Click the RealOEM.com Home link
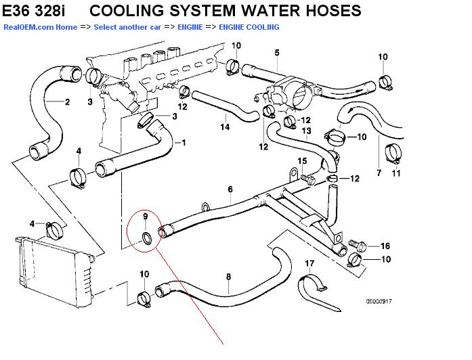(x=40, y=27)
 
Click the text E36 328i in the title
(x=37, y=10)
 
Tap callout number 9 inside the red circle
(x=144, y=217)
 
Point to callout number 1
(x=182, y=143)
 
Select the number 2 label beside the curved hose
(x=67, y=103)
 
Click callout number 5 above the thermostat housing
(x=276, y=53)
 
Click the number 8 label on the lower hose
(x=228, y=276)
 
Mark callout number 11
(x=397, y=173)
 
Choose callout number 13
(x=306, y=131)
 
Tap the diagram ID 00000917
(x=379, y=300)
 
